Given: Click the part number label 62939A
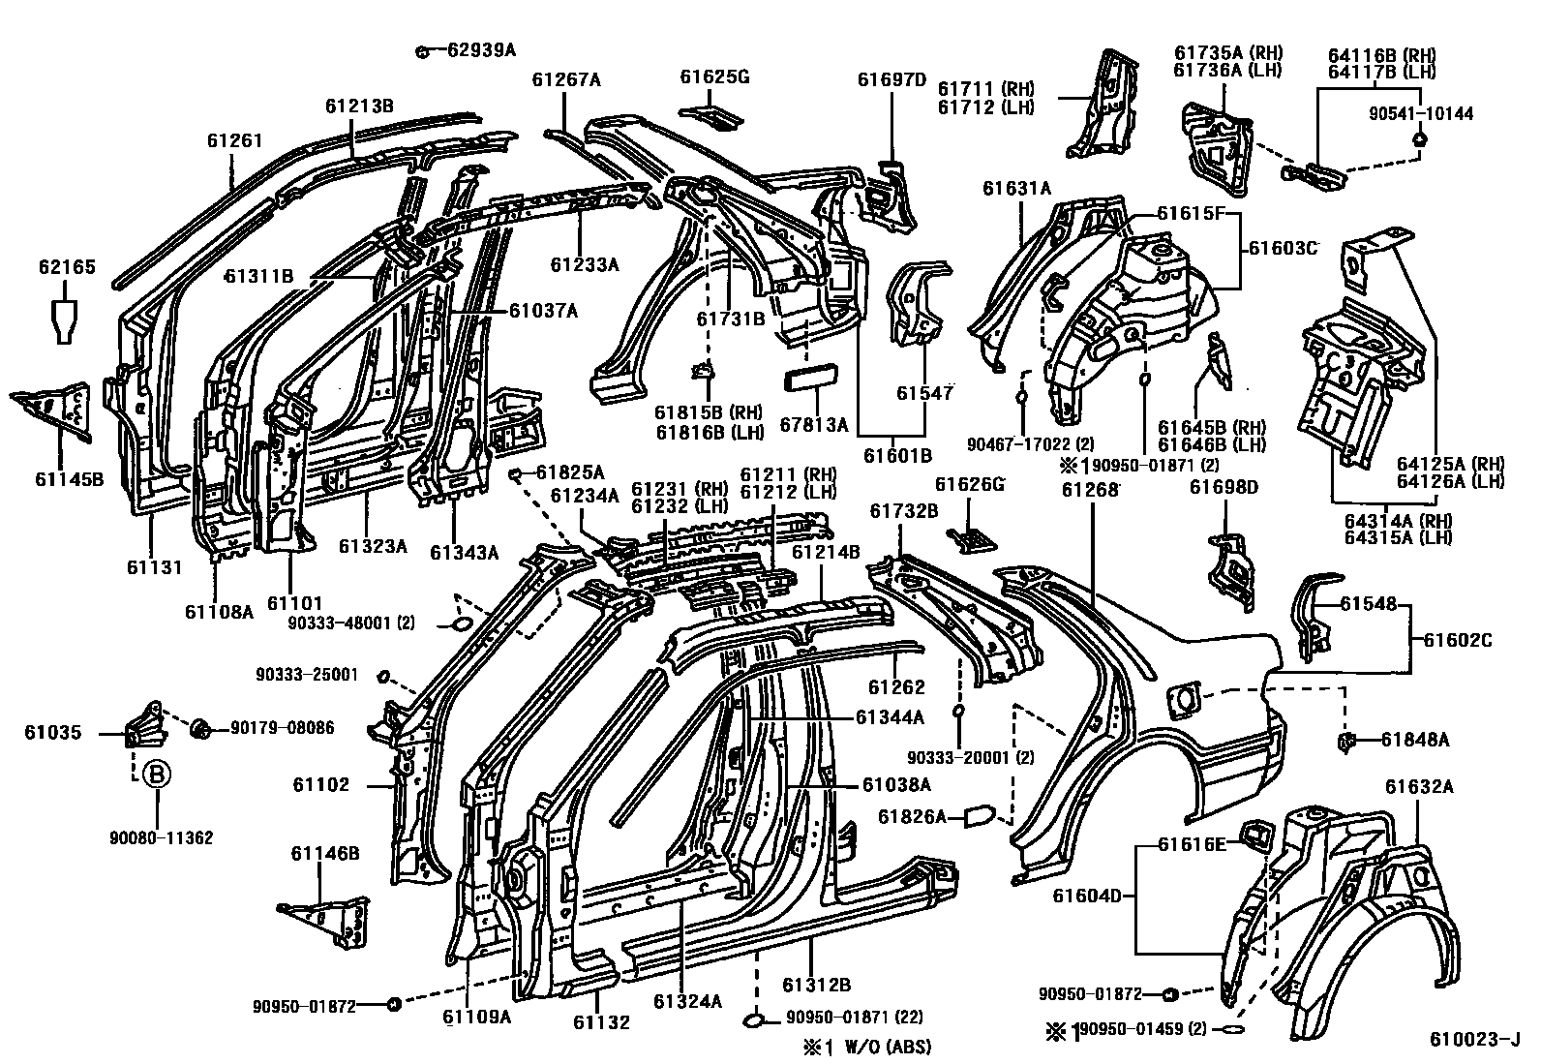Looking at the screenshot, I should (x=481, y=49).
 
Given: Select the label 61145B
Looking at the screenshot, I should (x=69, y=478).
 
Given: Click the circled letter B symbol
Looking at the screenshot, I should (x=156, y=775).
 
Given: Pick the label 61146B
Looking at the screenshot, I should (x=325, y=853).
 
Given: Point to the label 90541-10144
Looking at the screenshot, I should (x=1421, y=114).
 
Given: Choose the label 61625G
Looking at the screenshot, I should (x=714, y=76).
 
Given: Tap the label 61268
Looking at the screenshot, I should (x=1090, y=490).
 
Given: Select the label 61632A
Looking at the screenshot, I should (x=1418, y=786).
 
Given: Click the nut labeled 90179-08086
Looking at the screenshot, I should (x=201, y=727).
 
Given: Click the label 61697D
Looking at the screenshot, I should (x=891, y=79).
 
